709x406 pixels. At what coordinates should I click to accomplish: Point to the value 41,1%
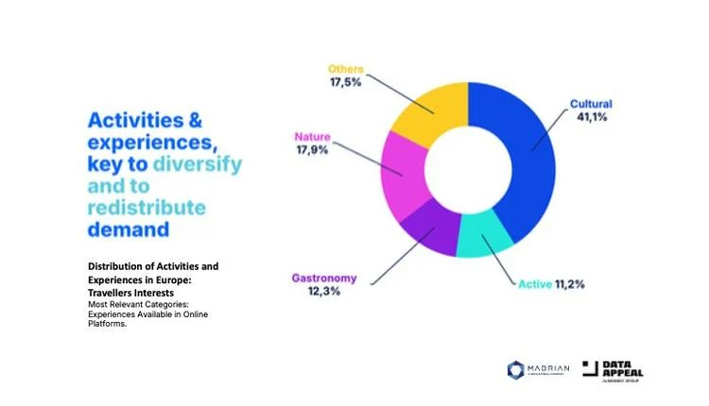click(593, 118)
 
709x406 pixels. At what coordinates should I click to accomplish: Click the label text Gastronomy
click(324, 278)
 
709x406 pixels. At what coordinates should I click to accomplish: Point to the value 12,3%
click(324, 293)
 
